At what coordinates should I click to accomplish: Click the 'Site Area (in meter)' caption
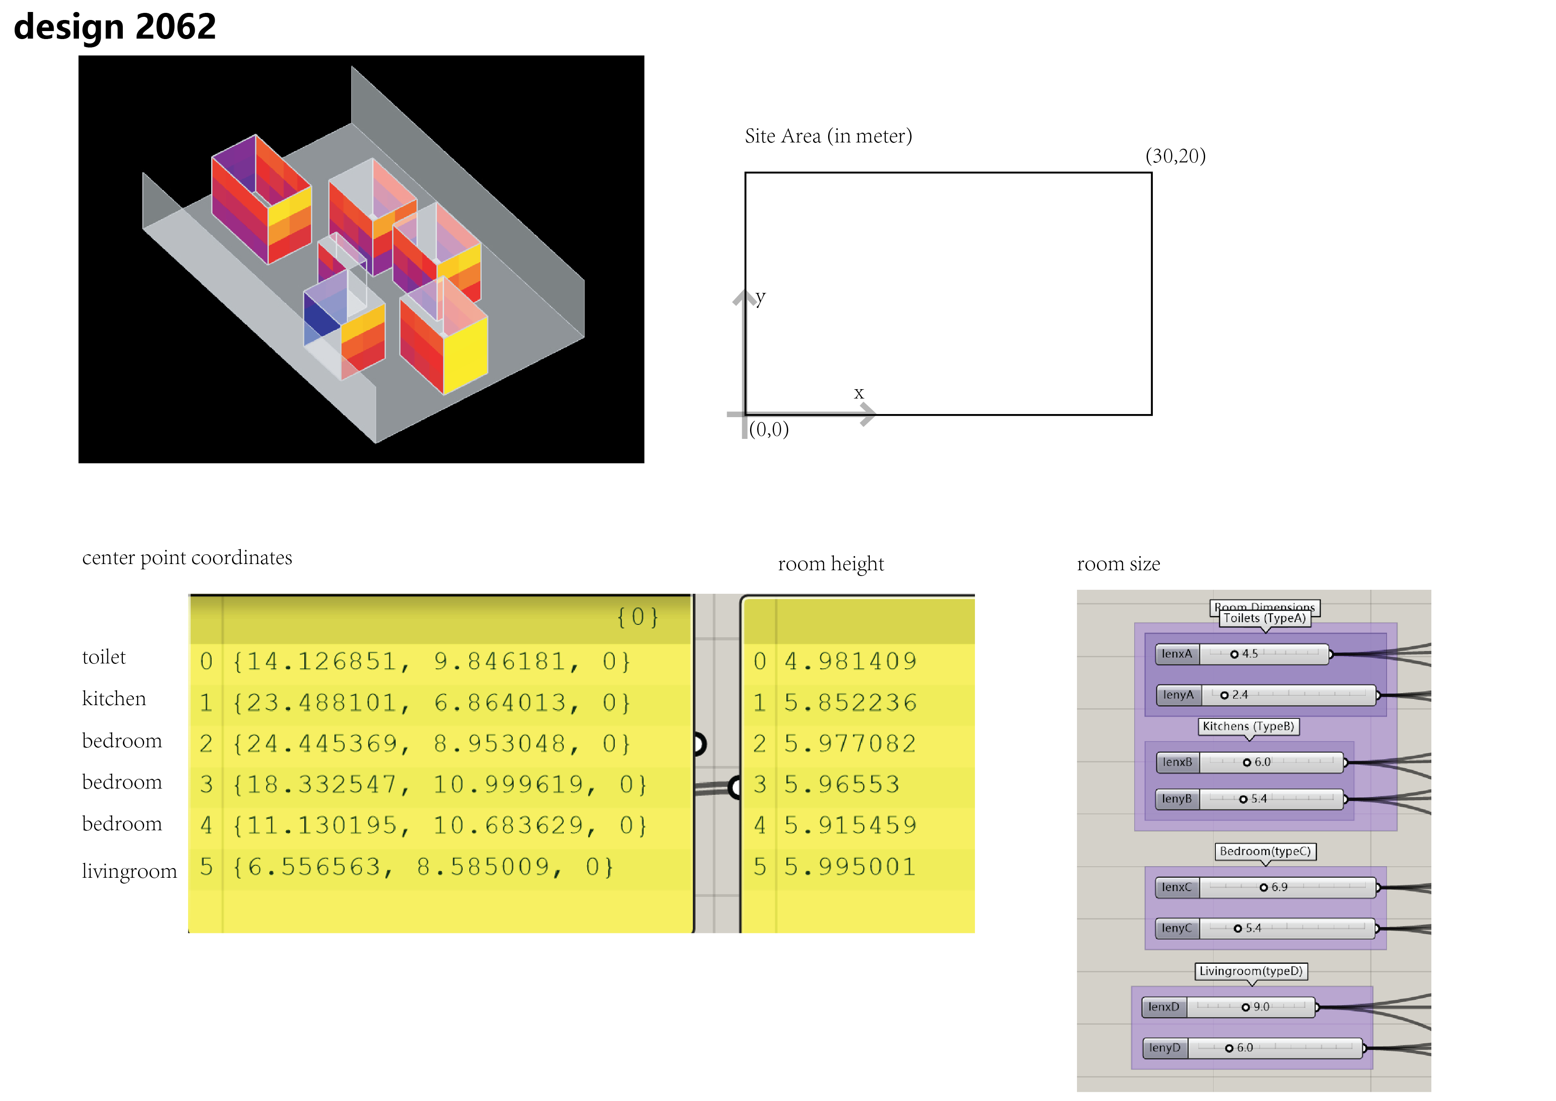coord(828,136)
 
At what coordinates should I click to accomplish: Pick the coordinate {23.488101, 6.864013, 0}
coord(432,702)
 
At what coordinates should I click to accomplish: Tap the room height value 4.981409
coord(850,661)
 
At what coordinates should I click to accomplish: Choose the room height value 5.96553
coord(842,785)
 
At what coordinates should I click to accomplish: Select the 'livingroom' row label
coord(130,871)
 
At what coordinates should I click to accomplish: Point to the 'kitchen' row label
coord(114,698)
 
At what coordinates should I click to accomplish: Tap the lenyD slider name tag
coord(1165,1048)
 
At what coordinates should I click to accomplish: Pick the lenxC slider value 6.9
coord(1280,888)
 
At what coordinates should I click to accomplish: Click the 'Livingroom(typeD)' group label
coord(1251,971)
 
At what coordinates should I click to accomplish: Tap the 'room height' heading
coord(831,564)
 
